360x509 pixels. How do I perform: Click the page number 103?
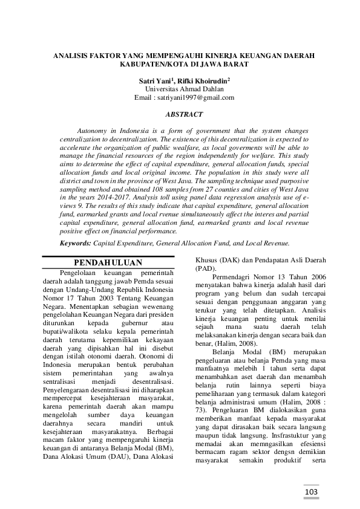[312, 492]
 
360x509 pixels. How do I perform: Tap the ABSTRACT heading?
[184, 114]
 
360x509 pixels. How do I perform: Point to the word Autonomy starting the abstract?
[94, 131]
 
